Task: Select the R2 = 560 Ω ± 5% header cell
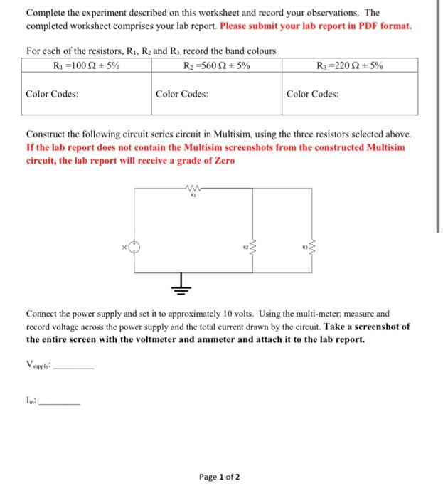(x=215, y=65)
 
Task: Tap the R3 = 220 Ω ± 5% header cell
(x=352, y=65)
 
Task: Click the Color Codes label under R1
(x=52, y=94)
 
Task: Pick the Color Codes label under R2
(x=182, y=94)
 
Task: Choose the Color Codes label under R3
(x=313, y=94)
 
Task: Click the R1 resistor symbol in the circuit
(x=192, y=189)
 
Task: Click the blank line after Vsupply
(x=74, y=368)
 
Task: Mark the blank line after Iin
(x=60, y=403)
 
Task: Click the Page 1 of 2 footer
(x=220, y=477)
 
